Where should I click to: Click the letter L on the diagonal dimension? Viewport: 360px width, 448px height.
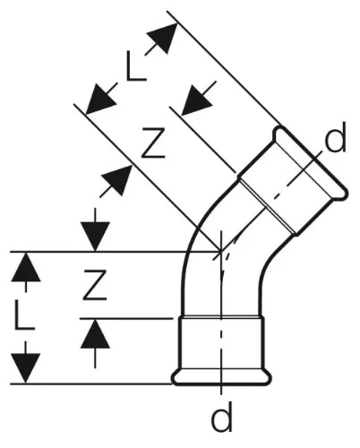click(136, 66)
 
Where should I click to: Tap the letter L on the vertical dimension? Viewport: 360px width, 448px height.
click(25, 314)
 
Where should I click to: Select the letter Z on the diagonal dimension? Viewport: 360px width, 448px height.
click(153, 142)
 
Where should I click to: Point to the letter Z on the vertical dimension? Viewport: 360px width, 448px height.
click(95, 285)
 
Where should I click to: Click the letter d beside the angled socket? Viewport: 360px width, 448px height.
click(335, 137)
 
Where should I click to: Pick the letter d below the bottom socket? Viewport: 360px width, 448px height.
click(221, 417)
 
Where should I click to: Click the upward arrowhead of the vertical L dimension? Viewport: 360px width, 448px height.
click(26, 267)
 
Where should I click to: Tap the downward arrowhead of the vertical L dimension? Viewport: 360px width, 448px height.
click(26, 368)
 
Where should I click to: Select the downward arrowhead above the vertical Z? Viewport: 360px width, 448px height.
click(95, 237)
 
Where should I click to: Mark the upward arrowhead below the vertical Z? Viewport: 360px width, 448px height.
click(95, 333)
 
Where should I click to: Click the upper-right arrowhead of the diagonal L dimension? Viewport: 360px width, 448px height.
click(164, 38)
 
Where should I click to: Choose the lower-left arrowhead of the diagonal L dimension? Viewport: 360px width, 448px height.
click(100, 99)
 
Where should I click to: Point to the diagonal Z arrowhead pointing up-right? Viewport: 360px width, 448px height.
click(117, 180)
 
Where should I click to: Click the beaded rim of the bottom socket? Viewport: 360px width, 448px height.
click(222, 378)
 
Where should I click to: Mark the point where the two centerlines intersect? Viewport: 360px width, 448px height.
click(220, 252)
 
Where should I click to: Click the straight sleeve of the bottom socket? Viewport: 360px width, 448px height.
click(221, 344)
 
